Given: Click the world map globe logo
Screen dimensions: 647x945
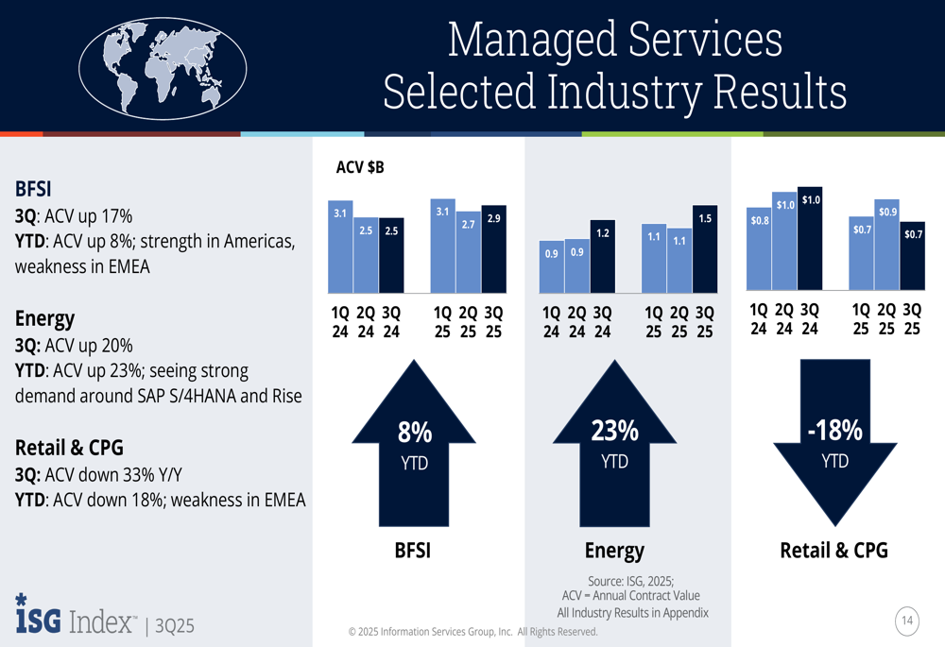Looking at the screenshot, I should pyautogui.click(x=163, y=67).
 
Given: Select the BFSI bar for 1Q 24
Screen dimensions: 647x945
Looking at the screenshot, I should pyautogui.click(x=340, y=246).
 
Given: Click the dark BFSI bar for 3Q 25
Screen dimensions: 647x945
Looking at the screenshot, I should pyautogui.click(x=494, y=248).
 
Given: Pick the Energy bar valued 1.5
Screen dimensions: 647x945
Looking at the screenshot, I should pyautogui.click(x=705, y=248).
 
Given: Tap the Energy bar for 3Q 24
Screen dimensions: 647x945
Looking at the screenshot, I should pyautogui.click(x=602, y=256).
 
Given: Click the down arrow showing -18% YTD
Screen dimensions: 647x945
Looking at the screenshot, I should pyautogui.click(x=834, y=439).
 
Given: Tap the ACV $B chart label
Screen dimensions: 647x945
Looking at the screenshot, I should pyautogui.click(x=360, y=169).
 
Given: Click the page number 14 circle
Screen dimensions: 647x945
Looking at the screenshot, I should pyautogui.click(x=907, y=621).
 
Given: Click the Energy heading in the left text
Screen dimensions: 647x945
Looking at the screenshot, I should pyautogui.click(x=44, y=318).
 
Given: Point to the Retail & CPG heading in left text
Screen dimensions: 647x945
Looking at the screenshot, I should pyautogui.click(x=69, y=447).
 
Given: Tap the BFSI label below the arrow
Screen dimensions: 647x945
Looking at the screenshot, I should pyautogui.click(x=413, y=550).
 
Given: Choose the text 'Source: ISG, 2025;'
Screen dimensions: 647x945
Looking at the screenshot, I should pyautogui.click(x=630, y=580).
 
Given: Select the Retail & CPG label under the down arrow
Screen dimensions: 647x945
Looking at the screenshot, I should pyautogui.click(x=833, y=550).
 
